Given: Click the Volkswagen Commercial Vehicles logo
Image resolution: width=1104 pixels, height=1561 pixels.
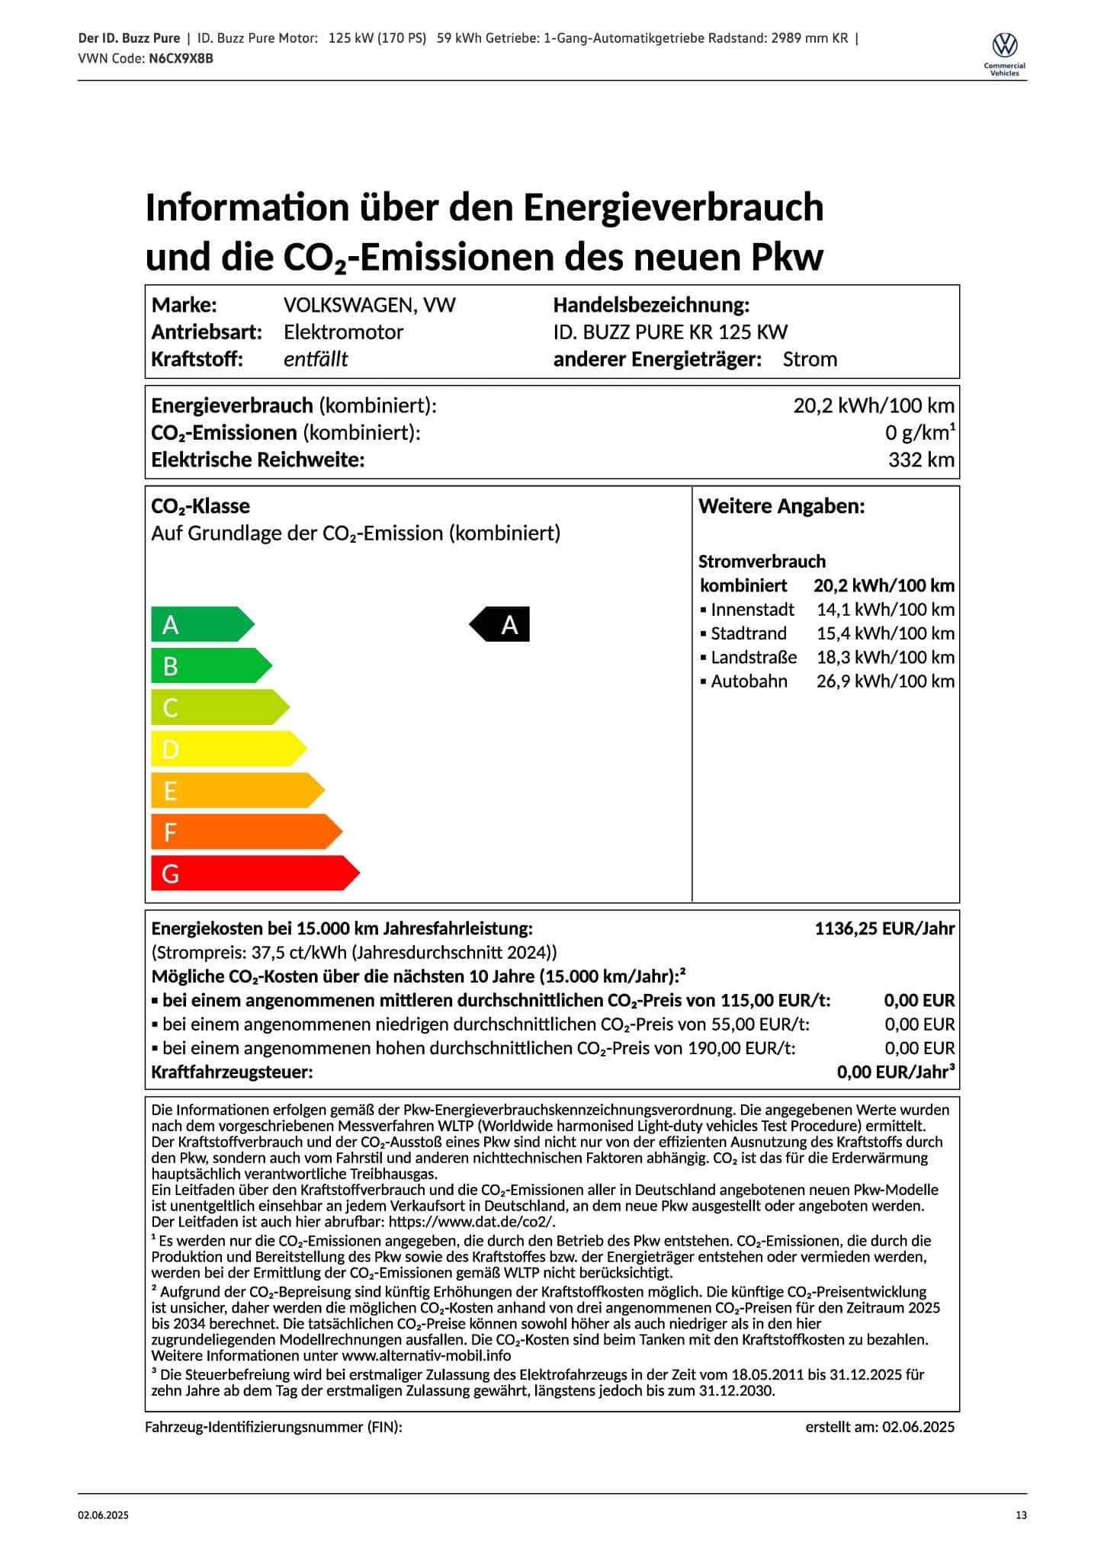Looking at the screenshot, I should (x=1005, y=52).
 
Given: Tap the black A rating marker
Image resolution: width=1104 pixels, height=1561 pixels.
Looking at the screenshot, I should (x=500, y=624).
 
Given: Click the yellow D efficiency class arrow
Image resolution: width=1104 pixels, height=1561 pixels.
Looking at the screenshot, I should (x=228, y=748).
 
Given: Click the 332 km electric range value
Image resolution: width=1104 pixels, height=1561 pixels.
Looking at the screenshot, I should (x=921, y=460).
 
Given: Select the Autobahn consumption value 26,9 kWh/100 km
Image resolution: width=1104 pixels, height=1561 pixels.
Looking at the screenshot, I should (x=885, y=681).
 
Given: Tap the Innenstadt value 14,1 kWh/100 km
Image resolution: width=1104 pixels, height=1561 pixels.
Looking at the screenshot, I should (x=885, y=610).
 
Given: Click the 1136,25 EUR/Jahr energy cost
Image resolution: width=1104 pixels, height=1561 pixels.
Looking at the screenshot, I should (x=884, y=928).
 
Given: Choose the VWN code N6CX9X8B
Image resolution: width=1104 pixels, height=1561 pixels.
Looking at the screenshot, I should (x=181, y=58).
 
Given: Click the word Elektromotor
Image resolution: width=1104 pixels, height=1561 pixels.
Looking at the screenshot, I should (x=343, y=332).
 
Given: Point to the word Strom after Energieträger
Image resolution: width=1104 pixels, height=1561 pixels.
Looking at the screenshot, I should (x=810, y=360).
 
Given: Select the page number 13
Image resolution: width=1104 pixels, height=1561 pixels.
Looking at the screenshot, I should (x=1021, y=1515).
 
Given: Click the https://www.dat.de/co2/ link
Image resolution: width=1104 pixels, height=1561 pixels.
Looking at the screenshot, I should (x=472, y=1221).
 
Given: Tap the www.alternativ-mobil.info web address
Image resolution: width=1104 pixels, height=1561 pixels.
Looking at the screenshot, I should (x=426, y=1355).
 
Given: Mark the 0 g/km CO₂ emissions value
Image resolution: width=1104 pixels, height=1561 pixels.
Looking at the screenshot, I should (x=919, y=433).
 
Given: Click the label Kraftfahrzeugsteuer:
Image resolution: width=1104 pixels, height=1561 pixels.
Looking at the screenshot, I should (x=232, y=1072).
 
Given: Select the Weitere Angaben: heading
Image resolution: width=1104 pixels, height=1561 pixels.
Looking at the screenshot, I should (x=781, y=506).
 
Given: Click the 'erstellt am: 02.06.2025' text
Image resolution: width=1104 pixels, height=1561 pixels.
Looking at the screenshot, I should (x=880, y=1427).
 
